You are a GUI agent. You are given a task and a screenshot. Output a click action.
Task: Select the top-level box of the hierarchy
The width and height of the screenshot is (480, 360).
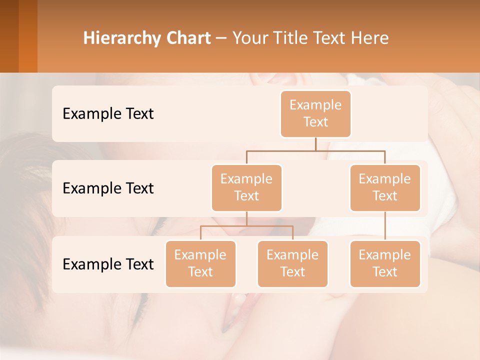pos(315,113)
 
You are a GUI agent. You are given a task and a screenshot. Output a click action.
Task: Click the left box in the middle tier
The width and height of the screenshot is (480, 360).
pos(246,187)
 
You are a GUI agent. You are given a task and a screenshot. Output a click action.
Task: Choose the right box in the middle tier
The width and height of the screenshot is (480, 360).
pos(385,187)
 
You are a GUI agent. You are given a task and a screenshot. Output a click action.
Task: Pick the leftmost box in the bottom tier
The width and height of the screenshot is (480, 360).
pos(200,263)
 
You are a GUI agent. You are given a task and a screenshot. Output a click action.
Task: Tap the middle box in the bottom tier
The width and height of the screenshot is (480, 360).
pos(292,263)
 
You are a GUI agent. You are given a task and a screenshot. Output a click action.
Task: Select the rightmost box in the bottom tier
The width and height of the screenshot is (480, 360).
pos(385,263)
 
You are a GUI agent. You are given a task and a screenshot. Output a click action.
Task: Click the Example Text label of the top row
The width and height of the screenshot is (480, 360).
pos(108,114)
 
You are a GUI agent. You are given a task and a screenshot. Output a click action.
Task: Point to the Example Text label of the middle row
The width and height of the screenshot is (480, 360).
pos(108,188)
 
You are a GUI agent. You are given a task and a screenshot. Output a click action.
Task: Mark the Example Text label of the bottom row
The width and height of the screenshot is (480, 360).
pos(108,264)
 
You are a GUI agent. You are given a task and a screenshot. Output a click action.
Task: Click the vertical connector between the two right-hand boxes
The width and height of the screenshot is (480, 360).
pos(385,226)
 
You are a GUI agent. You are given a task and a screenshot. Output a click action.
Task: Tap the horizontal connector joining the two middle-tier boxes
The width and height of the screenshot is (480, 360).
pos(315,150)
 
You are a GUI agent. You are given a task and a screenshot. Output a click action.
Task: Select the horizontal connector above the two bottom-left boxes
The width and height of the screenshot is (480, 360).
pos(246,226)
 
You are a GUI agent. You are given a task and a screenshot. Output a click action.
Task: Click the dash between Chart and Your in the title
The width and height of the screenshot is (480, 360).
pos(221,38)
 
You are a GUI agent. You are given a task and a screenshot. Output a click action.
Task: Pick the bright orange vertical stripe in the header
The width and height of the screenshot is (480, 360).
pos(28,36)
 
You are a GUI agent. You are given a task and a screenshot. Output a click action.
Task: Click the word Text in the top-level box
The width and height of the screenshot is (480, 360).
pos(315,122)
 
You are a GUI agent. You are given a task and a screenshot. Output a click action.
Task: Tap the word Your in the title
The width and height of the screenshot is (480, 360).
pos(250,38)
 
